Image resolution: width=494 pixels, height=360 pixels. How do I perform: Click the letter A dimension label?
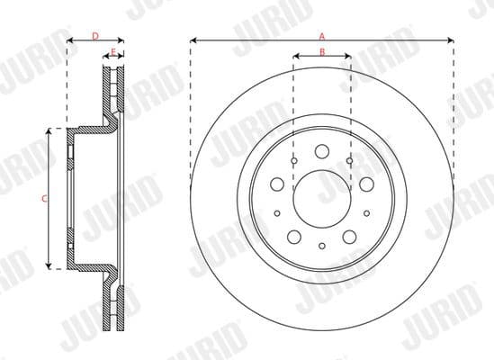coord(321,34)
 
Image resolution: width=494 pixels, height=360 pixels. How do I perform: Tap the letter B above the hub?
coord(321,51)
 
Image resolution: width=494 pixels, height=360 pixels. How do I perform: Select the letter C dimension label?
coord(45,198)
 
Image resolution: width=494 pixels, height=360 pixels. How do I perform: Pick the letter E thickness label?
coord(113,51)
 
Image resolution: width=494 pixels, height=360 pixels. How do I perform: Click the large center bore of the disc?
coord(321,191)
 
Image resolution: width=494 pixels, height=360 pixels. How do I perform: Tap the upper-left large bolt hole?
coord(277,184)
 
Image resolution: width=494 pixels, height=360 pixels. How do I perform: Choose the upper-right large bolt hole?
coord(365,184)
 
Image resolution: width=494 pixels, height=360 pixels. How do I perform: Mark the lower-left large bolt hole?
coord(294,237)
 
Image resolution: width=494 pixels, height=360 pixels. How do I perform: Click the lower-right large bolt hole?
coord(349,237)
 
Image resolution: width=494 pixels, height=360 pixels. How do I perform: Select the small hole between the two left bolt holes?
coord(277,213)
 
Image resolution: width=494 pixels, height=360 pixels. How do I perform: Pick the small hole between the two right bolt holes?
coord(366,213)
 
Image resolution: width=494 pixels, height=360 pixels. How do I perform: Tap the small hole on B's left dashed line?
coord(294,160)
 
